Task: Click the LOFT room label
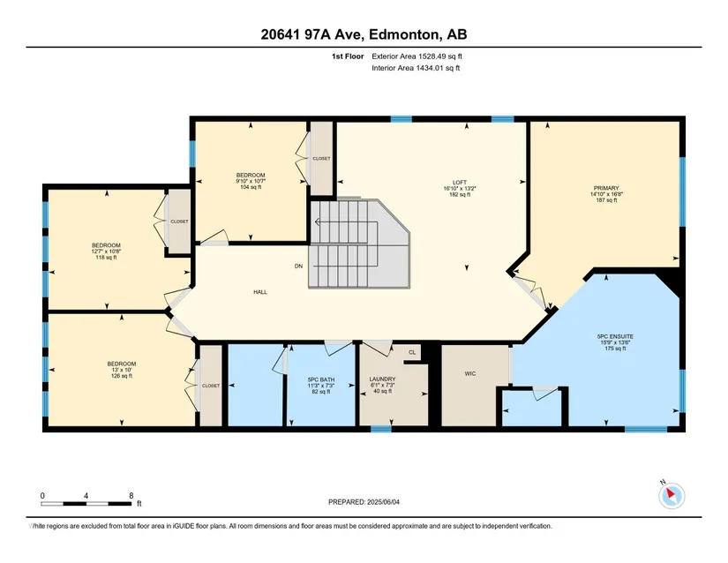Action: (x=460, y=183)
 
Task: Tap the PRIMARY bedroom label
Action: (x=606, y=188)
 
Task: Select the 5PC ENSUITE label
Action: (x=615, y=336)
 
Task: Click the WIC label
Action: (x=470, y=373)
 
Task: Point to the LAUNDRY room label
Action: (x=383, y=379)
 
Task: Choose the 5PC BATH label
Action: (x=321, y=379)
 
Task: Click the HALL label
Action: (x=260, y=292)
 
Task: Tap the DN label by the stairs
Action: (x=298, y=266)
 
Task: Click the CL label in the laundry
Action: (x=412, y=352)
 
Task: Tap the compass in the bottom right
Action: (x=672, y=496)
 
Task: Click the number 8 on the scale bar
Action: (x=131, y=496)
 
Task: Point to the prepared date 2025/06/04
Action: (x=383, y=502)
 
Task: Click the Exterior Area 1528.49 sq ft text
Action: (x=417, y=56)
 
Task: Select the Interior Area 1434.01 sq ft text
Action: (x=416, y=68)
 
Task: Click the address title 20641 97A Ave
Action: (x=313, y=34)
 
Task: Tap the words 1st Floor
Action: (x=348, y=56)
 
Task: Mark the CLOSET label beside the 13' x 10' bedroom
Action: (x=211, y=386)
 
